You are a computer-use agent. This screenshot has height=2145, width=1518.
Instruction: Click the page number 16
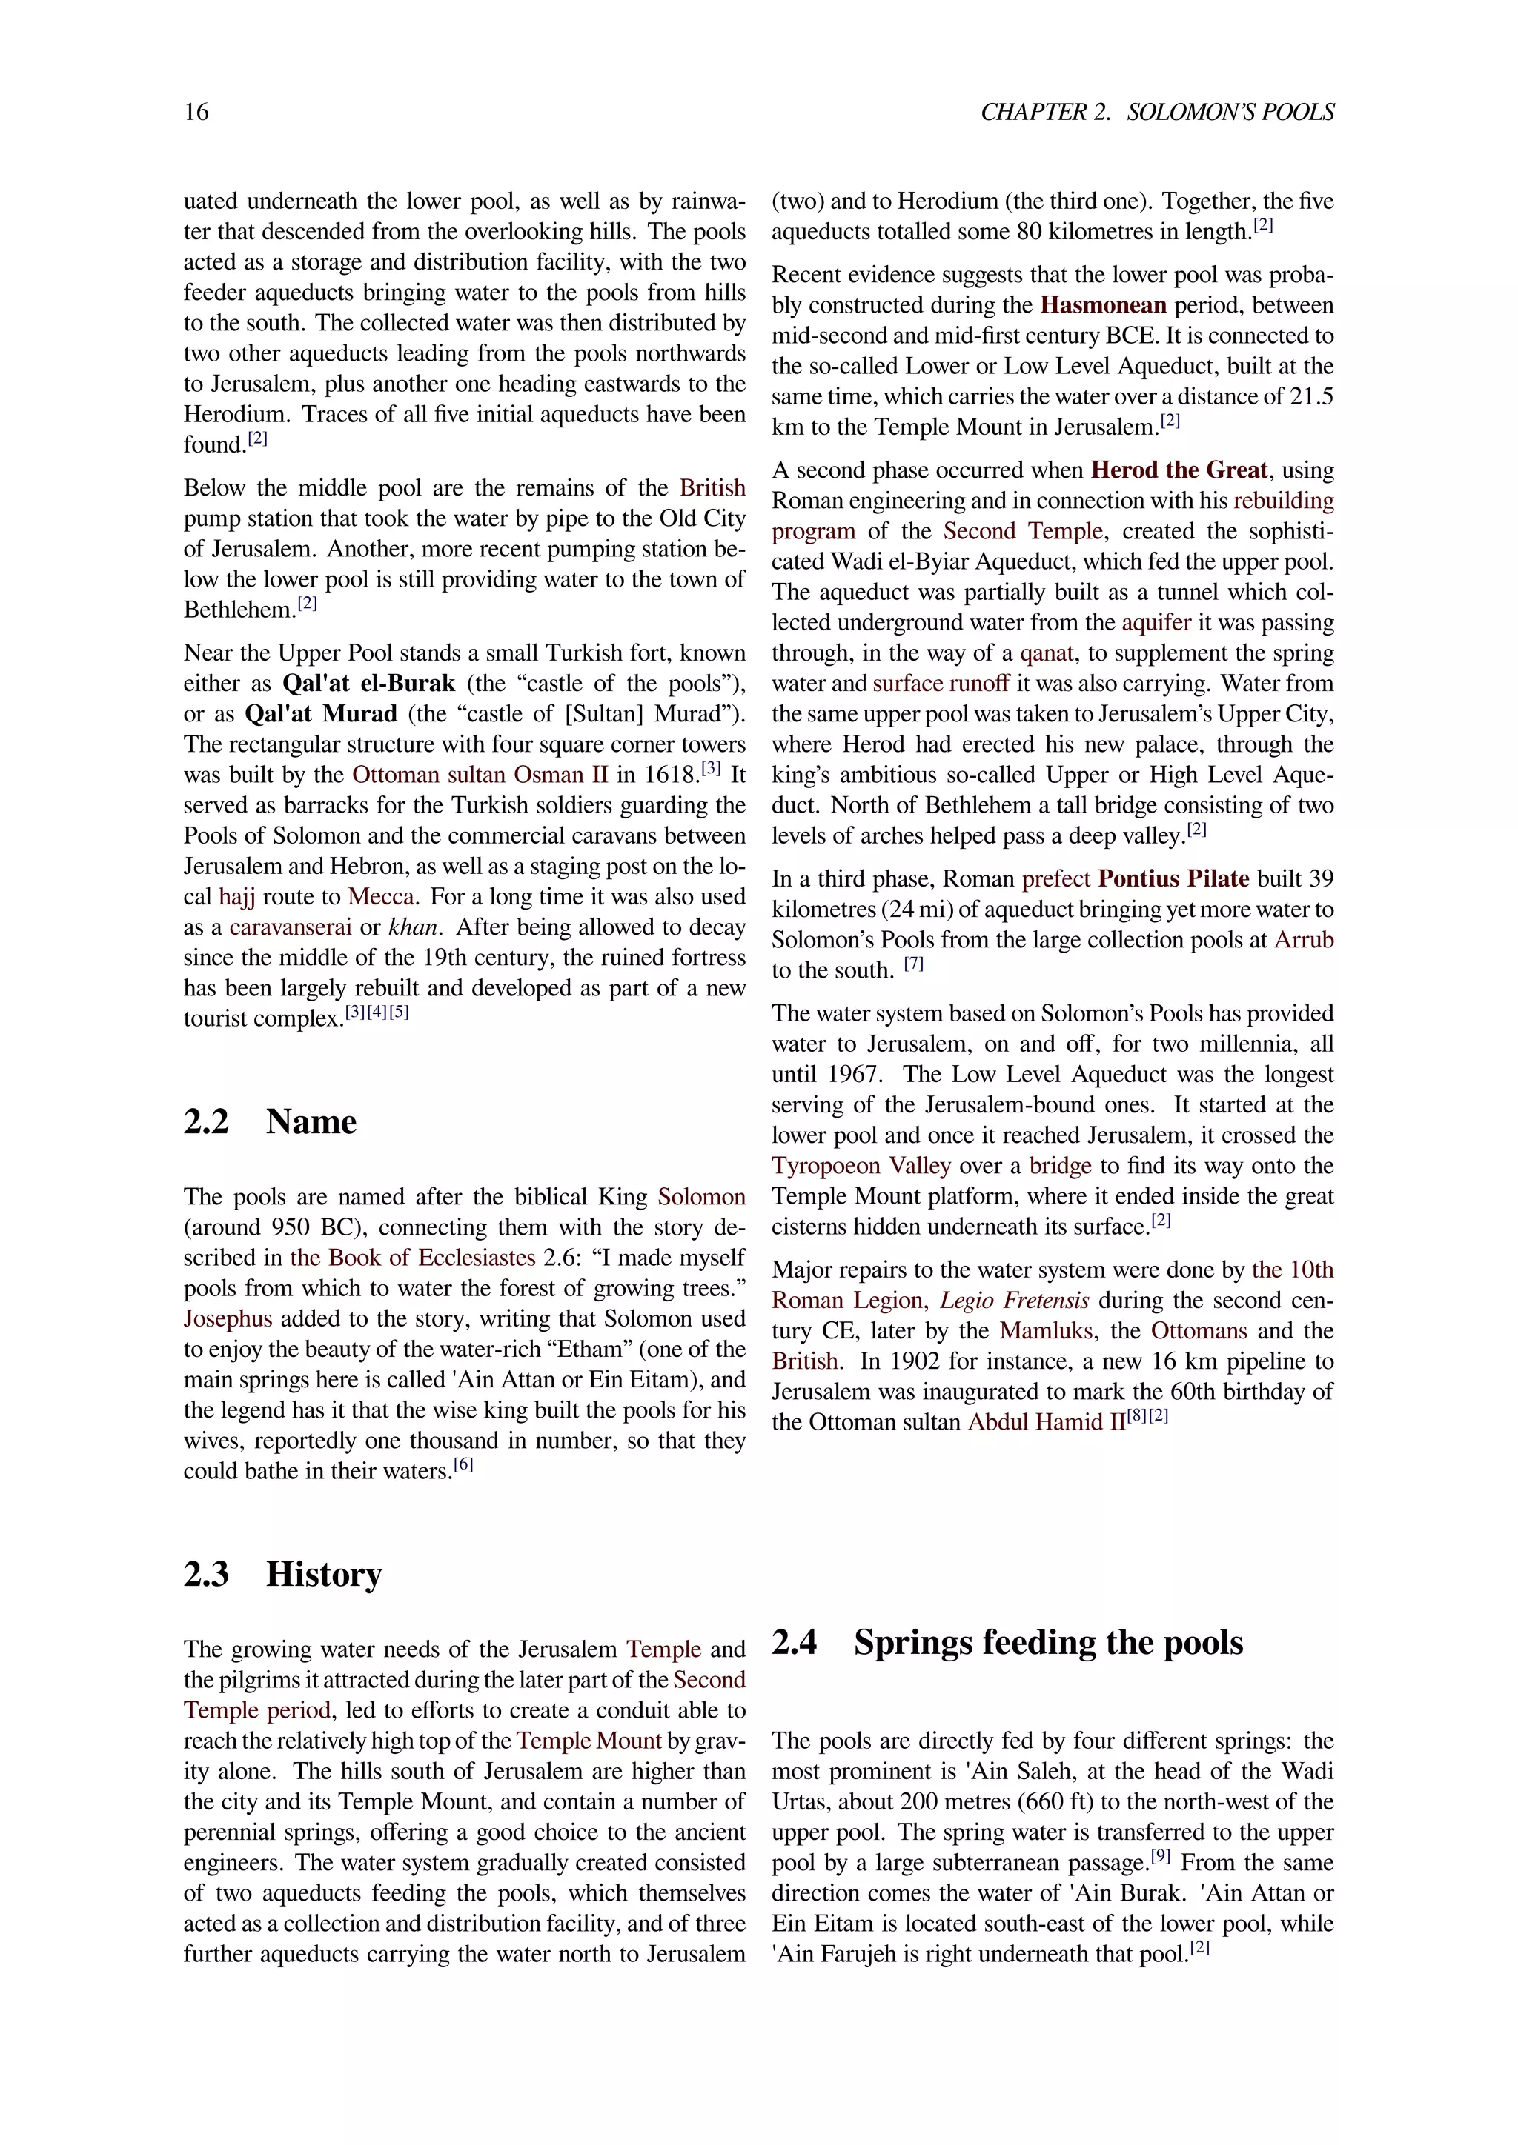pyautogui.click(x=196, y=112)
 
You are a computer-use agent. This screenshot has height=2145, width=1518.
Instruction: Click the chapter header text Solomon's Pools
pyautogui.click(x=1230, y=112)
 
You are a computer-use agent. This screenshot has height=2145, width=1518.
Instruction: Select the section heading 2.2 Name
pyautogui.click(x=270, y=1121)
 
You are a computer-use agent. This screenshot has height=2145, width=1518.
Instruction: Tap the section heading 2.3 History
pyautogui.click(x=282, y=1573)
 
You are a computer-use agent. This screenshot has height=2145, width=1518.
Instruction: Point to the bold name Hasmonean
pyautogui.click(x=1103, y=305)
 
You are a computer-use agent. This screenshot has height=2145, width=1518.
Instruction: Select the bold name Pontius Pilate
pyautogui.click(x=1173, y=879)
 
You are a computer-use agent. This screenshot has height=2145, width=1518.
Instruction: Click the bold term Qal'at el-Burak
pyautogui.click(x=369, y=684)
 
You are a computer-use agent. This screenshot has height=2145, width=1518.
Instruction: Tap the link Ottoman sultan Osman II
pyautogui.click(x=480, y=775)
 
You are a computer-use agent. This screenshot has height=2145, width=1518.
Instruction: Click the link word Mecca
pyautogui.click(x=382, y=897)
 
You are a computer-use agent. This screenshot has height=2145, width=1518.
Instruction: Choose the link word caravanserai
pyautogui.click(x=291, y=927)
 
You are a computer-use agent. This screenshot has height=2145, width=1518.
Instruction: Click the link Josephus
pyautogui.click(x=228, y=1319)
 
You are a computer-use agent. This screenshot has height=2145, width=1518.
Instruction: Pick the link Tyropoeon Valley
pyautogui.click(x=861, y=1166)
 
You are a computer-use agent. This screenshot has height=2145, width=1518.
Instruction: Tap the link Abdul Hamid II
pyautogui.click(x=1046, y=1423)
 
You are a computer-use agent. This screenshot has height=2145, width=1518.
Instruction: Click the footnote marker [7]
pyautogui.click(x=913, y=964)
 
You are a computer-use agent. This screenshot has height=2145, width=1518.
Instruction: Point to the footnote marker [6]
pyautogui.click(x=463, y=1465)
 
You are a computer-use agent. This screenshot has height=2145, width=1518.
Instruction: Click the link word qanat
pyautogui.click(x=1047, y=653)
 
